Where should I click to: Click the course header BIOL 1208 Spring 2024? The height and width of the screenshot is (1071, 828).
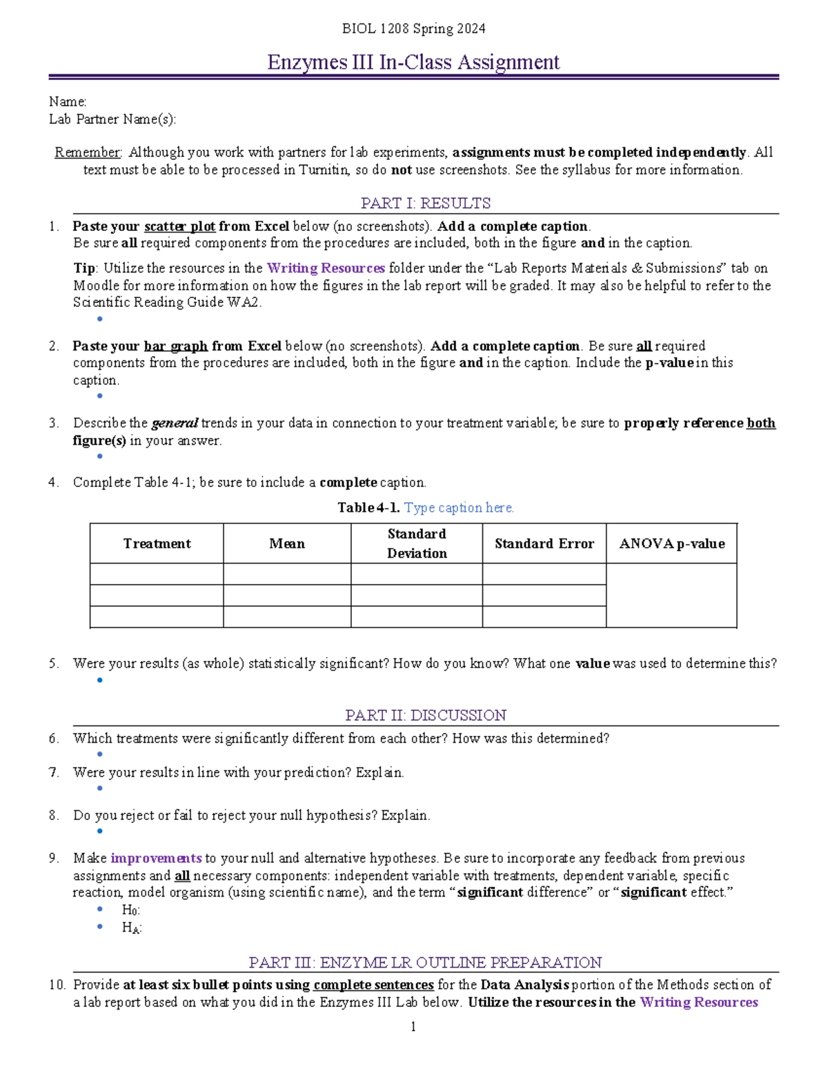pos(413,28)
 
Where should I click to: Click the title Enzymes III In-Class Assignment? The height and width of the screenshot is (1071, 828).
pos(413,62)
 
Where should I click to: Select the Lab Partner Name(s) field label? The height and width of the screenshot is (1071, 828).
pos(112,119)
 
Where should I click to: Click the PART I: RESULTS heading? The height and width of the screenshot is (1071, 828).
pos(425,203)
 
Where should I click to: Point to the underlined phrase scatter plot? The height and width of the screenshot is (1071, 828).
pos(179,226)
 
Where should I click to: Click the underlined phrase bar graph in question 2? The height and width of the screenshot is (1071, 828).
pos(175,346)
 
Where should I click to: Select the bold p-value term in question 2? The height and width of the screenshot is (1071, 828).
pos(669,363)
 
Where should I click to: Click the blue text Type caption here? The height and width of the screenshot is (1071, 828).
pos(459,508)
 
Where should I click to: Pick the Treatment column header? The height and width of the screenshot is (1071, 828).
pos(157,543)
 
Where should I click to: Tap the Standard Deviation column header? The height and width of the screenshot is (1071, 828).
pos(416,543)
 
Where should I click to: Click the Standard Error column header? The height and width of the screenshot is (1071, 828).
pos(544,543)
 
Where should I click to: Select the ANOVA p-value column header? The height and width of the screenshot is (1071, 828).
pos(671,543)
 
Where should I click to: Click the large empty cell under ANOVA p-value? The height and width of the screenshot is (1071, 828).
pos(671,595)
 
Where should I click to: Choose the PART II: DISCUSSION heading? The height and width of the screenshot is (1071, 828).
pos(425,715)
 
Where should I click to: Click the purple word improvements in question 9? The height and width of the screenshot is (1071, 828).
pos(156,859)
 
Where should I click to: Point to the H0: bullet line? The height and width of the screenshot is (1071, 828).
pos(130,910)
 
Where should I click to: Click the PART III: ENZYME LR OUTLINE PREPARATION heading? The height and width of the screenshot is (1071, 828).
pos(425,962)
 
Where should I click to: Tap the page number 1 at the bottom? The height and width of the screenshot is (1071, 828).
pos(413,1027)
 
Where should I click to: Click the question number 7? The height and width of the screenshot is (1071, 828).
pos(54,773)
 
